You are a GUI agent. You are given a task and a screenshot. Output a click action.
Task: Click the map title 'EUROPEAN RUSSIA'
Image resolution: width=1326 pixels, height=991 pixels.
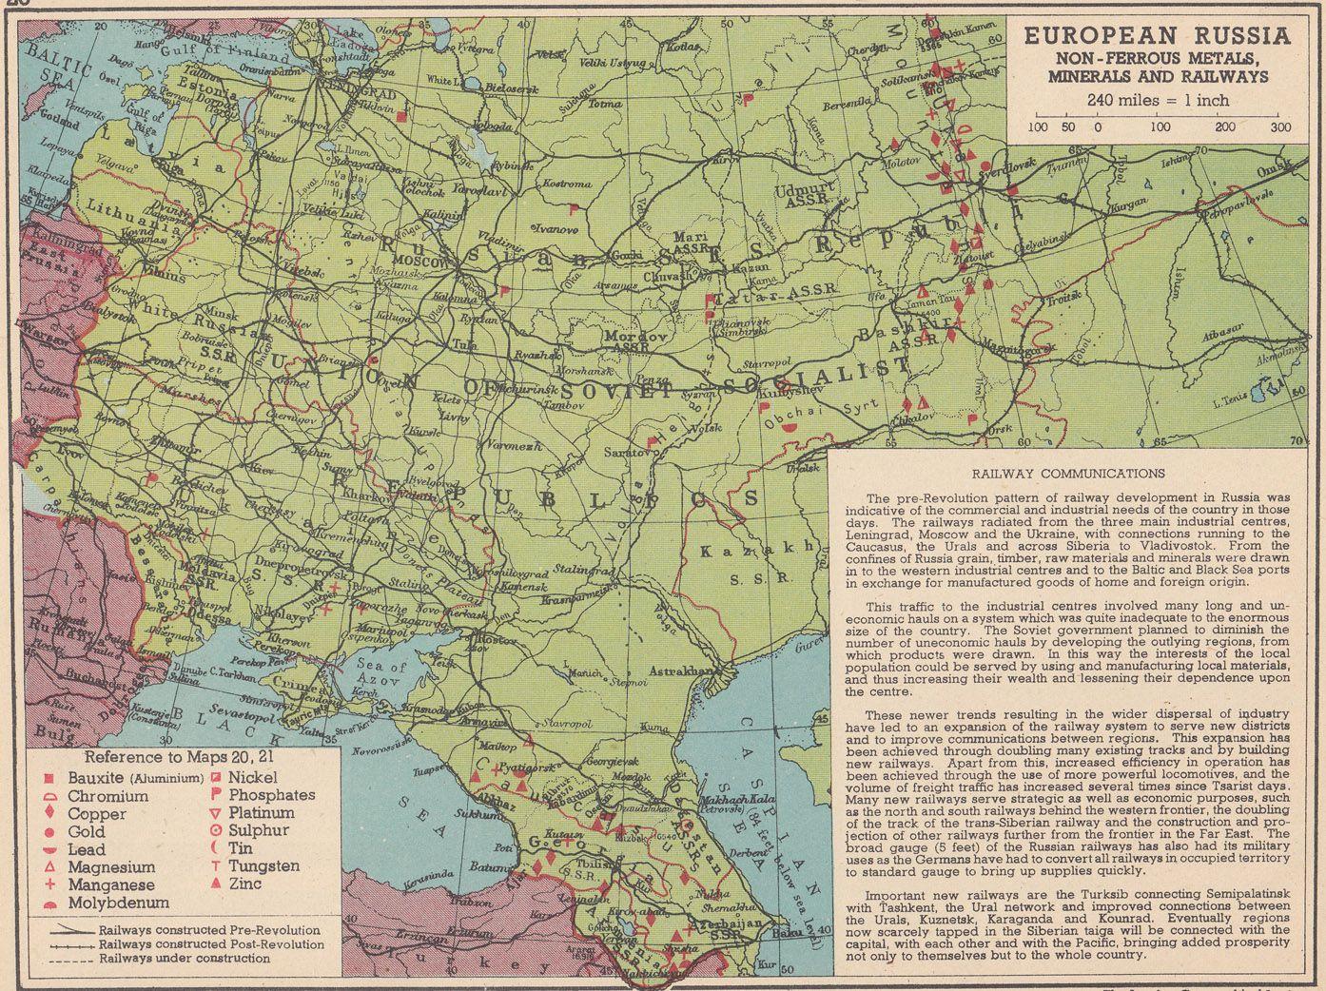[1157, 37]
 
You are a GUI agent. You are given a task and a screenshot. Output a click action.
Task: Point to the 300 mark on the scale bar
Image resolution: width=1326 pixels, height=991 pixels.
[1279, 126]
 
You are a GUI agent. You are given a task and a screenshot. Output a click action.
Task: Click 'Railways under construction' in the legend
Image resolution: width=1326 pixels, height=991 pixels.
[185, 959]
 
